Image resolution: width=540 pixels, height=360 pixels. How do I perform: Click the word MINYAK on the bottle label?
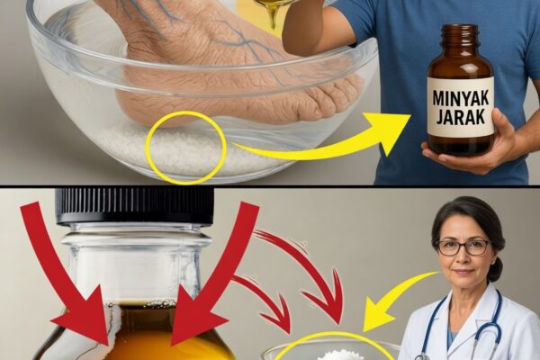[460, 98]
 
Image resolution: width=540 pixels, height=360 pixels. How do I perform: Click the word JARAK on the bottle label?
[460, 117]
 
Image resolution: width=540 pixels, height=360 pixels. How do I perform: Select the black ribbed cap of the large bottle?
[134, 206]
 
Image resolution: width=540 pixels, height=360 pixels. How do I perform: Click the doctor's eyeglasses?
[463, 247]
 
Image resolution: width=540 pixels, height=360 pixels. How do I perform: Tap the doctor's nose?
[462, 258]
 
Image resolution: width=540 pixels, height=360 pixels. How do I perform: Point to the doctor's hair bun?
[498, 269]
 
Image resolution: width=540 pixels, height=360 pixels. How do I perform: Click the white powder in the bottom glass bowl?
[335, 354]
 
